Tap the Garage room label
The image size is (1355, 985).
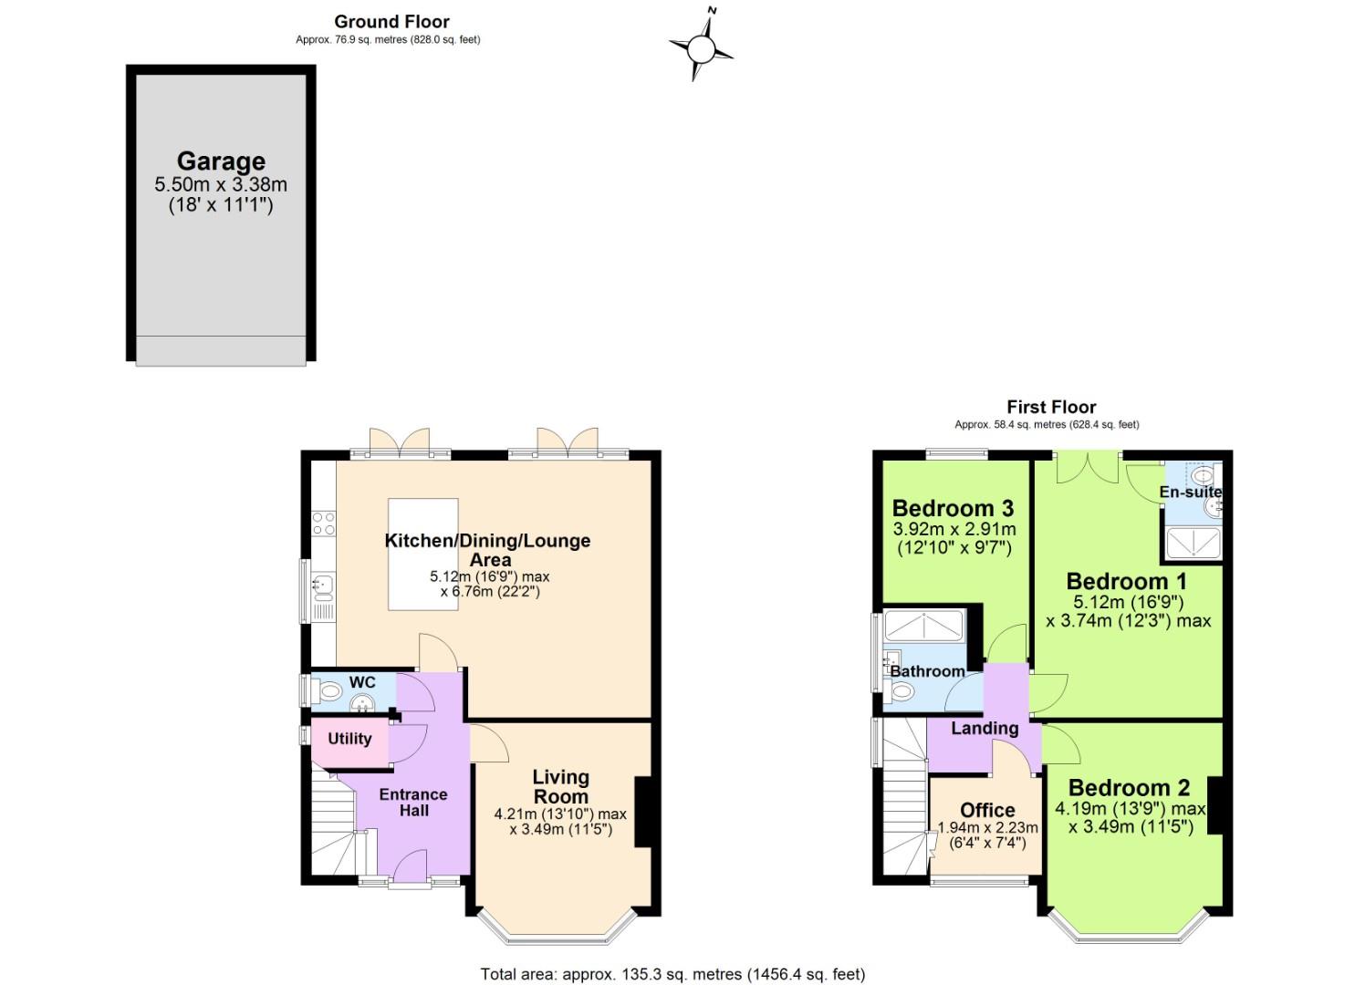pyautogui.click(x=221, y=161)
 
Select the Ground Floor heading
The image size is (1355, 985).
pyautogui.click(x=391, y=21)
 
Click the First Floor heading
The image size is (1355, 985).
pyautogui.click(x=1051, y=407)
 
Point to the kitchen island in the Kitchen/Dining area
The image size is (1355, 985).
pyautogui.click(x=422, y=554)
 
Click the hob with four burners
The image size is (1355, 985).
pyautogui.click(x=324, y=523)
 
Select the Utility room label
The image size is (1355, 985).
pyautogui.click(x=349, y=739)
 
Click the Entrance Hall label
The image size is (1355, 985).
pyautogui.click(x=413, y=802)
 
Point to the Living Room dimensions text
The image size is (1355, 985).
pyautogui.click(x=560, y=822)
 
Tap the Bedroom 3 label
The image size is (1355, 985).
pyautogui.click(x=953, y=508)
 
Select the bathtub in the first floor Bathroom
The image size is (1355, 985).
pyautogui.click(x=924, y=626)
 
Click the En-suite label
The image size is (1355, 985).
pyautogui.click(x=1190, y=493)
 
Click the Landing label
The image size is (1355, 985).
pyautogui.click(x=985, y=728)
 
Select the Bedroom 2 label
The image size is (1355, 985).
pyautogui.click(x=1129, y=787)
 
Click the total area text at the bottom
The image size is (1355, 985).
pyautogui.click(x=672, y=974)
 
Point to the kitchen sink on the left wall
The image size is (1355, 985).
pyautogui.click(x=324, y=584)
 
